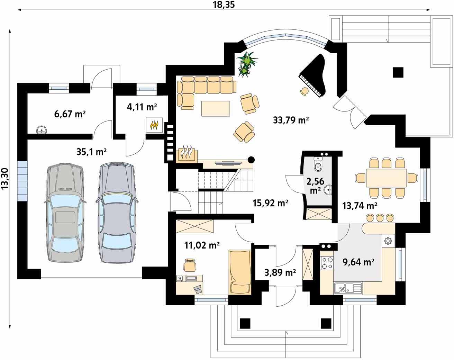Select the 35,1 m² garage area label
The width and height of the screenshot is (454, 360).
click(91, 151)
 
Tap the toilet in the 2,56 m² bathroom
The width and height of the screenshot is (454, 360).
click(318, 164)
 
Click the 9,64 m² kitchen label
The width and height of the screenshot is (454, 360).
click(358, 262)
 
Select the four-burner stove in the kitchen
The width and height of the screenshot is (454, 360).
click(327, 262)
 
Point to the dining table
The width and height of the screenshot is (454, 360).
click(386, 178)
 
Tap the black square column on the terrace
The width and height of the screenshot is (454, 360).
click(398, 72)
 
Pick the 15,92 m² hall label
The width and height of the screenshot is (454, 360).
click(270, 203)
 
